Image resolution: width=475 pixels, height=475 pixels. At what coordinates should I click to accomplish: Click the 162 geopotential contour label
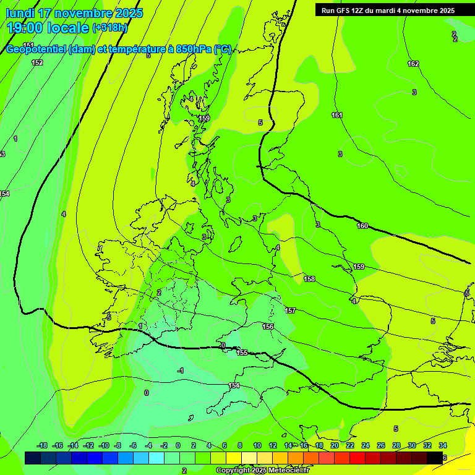[413, 64]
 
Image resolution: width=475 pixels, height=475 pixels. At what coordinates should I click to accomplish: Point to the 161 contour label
[336, 115]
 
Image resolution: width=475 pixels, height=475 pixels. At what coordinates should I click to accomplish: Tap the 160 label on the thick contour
[362, 226]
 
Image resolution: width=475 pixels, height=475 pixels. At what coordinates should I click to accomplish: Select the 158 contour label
[309, 279]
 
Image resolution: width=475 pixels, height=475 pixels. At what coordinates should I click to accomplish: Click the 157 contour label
[290, 310]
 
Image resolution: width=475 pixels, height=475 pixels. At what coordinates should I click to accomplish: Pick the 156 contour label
[268, 327]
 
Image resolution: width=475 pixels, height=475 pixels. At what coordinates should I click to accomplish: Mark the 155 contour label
[242, 353]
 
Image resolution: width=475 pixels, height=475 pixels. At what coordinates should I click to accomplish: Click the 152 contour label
[37, 62]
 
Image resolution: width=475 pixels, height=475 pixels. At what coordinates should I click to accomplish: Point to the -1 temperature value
[180, 370]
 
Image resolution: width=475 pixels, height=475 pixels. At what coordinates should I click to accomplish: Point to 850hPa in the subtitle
[192, 49]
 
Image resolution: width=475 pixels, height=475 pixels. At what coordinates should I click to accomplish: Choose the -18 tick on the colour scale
[42, 445]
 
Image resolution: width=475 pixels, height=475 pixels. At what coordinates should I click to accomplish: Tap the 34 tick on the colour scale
[443, 445]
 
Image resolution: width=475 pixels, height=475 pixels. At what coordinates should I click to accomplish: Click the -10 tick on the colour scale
[103, 445]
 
